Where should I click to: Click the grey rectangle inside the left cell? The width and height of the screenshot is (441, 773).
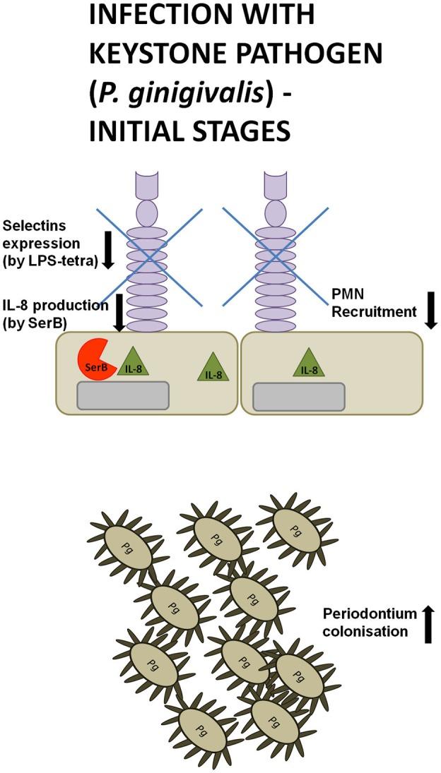pyautogui.click(x=123, y=395)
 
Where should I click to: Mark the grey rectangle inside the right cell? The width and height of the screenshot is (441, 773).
pyautogui.click(x=299, y=396)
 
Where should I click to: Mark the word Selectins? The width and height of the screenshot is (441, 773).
pyautogui.click(x=28, y=226)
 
